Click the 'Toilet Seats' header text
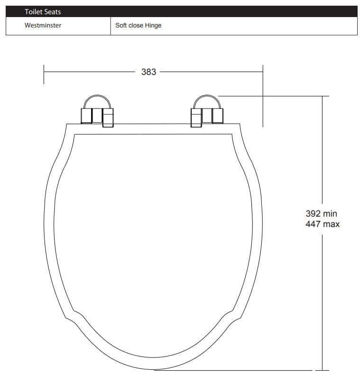43,12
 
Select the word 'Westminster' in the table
43,26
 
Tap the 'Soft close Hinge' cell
138,26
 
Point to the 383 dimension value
148,72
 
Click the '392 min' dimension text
321,214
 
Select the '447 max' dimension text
323,224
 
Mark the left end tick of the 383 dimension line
44,74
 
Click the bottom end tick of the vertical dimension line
323,370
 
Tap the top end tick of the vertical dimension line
323,96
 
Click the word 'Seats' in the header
52,12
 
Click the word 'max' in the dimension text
331,224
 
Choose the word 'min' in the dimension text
330,214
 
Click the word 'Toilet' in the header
33,12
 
